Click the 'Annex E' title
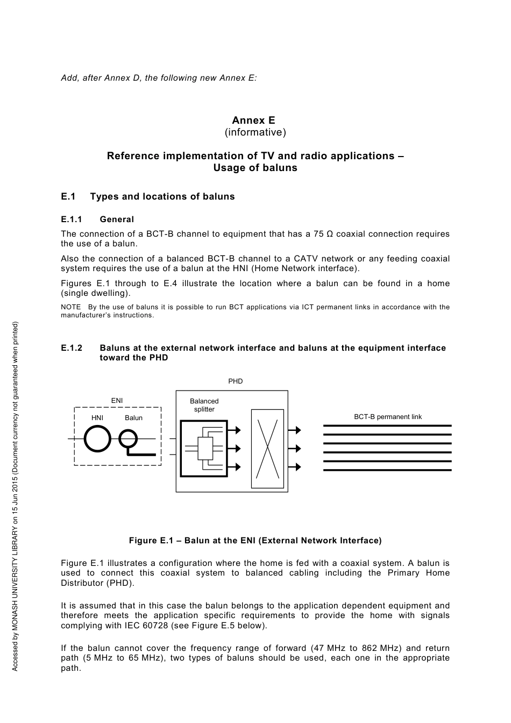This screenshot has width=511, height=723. [253, 120]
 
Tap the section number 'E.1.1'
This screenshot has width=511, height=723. [71, 219]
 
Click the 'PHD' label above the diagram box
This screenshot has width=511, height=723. [236, 381]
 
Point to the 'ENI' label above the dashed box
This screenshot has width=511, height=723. [117, 401]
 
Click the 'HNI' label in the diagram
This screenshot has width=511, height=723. [97, 418]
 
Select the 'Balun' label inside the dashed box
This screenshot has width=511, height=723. [134, 418]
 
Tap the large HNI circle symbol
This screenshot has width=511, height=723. [97, 439]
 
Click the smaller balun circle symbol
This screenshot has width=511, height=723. [128, 439]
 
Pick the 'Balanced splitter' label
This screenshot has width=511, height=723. [204, 405]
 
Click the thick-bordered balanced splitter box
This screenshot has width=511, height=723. [204, 448]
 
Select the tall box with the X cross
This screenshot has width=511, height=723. [267, 449]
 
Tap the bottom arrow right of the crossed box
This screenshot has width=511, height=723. [294, 467]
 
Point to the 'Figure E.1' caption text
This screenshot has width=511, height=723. [255, 541]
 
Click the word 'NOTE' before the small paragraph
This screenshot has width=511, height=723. [71, 307]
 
